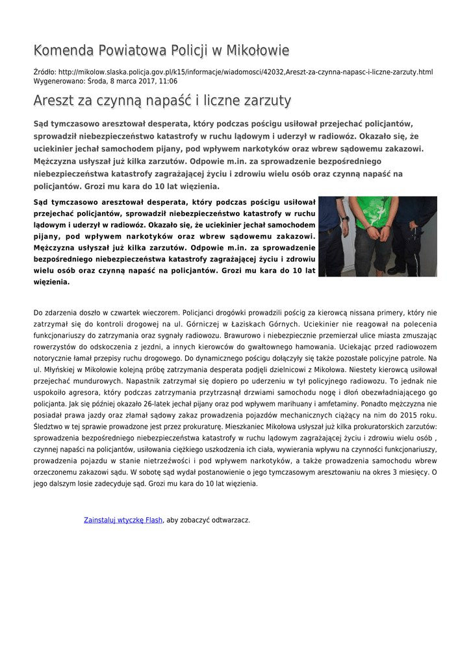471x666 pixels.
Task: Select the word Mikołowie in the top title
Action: pos(256,51)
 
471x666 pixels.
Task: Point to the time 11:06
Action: pos(168,81)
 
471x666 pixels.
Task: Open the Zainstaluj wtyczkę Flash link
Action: pos(123,520)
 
